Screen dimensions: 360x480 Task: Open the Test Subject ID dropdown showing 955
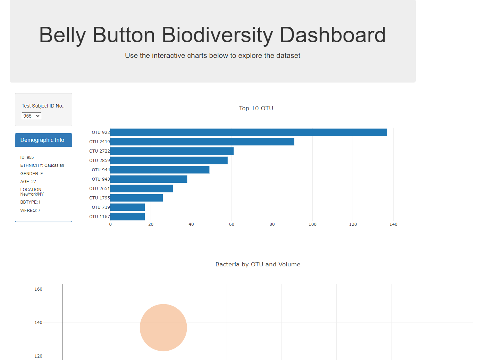32,116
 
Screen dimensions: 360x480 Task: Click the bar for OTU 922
249,132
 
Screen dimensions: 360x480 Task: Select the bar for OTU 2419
202,142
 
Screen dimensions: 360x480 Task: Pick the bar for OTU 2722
172,151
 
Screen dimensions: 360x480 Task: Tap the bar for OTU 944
160,170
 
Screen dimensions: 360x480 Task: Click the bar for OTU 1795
136,198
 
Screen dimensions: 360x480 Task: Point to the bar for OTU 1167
127,216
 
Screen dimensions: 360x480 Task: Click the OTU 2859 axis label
99,161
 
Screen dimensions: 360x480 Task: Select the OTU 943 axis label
101,179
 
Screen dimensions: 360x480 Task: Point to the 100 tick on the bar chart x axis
312,224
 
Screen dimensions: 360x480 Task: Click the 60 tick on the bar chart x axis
231,224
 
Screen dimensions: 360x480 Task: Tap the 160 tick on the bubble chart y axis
38,289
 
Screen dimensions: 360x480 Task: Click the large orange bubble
163,327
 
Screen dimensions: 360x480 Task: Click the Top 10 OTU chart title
256,108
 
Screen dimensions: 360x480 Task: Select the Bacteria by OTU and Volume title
258,264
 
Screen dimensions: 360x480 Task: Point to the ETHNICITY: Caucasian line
42,165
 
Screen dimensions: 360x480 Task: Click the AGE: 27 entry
28,182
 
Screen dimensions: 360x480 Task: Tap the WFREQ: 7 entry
30,211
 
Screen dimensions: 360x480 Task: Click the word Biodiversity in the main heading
217,35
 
